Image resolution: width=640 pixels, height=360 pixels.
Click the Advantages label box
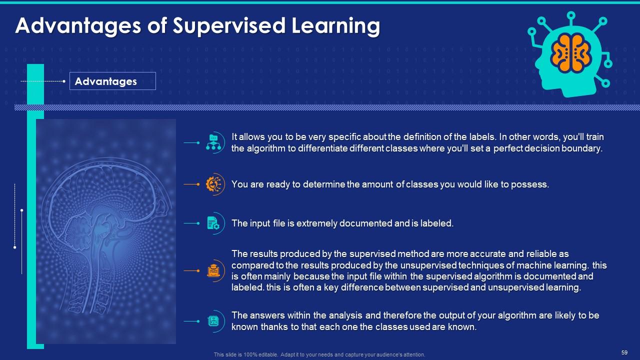point(112,81)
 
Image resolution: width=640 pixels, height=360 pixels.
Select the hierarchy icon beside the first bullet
point(214,142)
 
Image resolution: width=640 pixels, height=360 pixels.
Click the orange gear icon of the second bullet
point(214,184)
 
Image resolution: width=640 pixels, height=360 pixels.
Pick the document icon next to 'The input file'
point(213,223)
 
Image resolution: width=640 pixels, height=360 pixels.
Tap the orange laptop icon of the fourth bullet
point(213,270)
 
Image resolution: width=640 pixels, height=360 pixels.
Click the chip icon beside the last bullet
point(213,321)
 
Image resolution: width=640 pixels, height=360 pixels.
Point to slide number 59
point(624,352)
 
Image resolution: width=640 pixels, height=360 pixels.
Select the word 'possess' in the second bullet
point(532,184)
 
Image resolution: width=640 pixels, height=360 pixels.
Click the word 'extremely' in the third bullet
point(317,223)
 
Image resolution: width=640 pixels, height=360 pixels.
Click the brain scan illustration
point(106,231)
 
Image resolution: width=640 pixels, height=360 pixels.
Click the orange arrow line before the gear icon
point(191,184)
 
